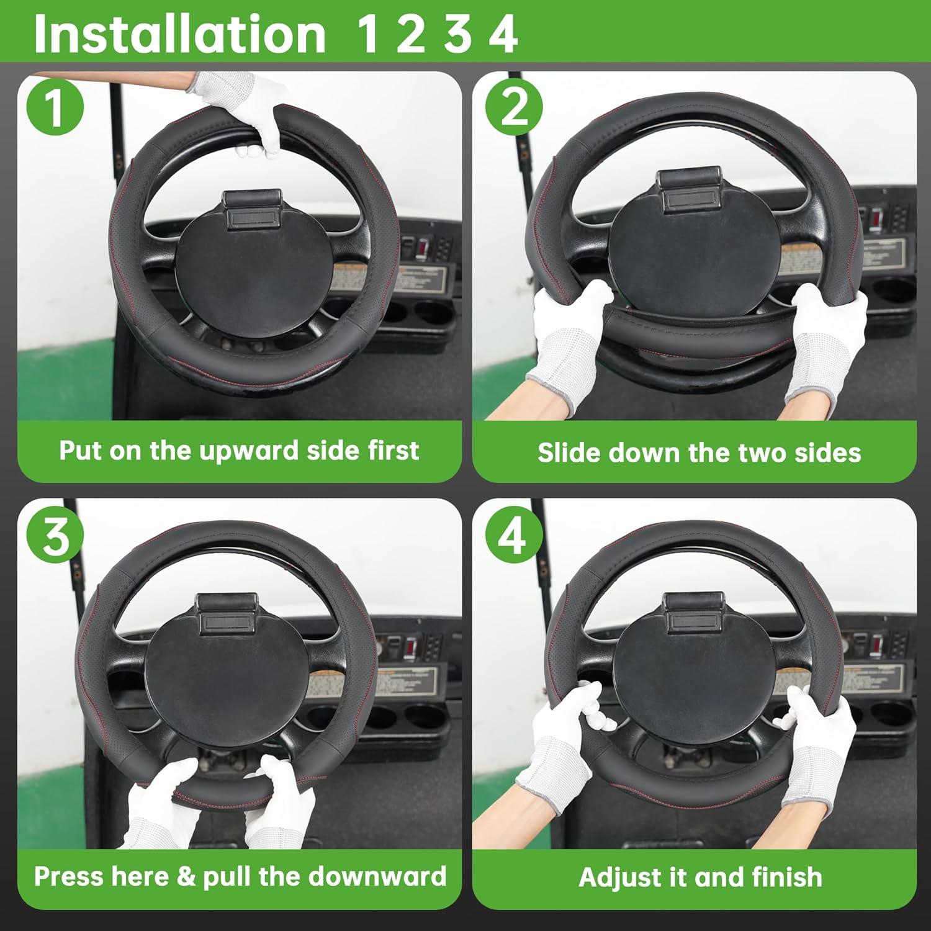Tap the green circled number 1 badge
55,107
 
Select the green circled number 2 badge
513,107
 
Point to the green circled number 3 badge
55,536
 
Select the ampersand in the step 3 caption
186,876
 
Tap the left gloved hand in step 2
568,335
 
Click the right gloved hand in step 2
829,335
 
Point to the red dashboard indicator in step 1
420,248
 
